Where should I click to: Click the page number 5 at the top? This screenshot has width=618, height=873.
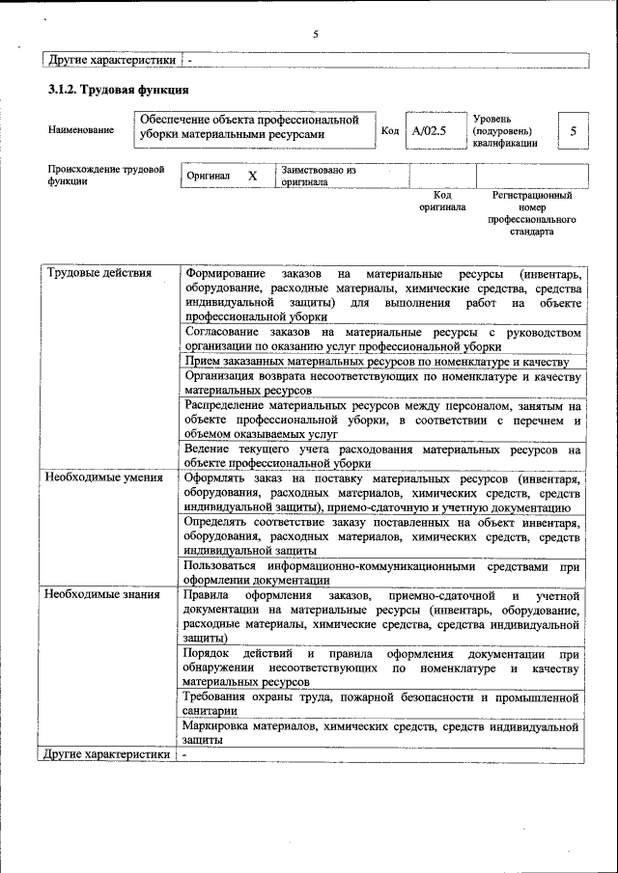(x=316, y=35)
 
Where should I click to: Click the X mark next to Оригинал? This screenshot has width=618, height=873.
(x=252, y=177)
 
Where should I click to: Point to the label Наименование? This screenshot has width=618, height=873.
(x=80, y=130)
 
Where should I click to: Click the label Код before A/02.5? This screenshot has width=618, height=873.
(x=390, y=130)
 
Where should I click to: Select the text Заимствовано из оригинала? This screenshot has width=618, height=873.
(x=319, y=176)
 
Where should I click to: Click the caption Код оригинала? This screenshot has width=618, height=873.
(x=442, y=201)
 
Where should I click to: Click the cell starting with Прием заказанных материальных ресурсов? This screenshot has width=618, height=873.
(x=381, y=361)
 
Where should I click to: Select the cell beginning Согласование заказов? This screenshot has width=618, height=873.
(x=381, y=339)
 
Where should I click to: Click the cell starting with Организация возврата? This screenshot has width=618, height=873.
(x=381, y=383)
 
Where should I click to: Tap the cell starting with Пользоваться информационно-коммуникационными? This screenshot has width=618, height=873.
(x=381, y=573)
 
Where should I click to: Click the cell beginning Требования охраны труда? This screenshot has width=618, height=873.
(x=381, y=704)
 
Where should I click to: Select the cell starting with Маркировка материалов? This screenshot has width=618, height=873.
(x=381, y=733)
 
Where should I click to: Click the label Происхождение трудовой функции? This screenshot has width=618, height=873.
(x=105, y=176)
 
